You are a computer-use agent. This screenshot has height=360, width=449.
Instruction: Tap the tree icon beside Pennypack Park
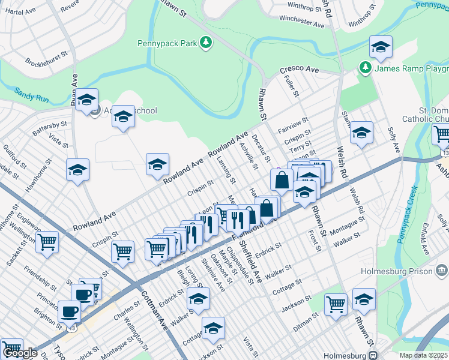pos(206,42)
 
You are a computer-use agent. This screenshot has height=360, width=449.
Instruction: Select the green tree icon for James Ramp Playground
pos(365,68)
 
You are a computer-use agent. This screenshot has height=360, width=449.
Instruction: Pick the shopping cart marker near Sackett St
pos(46,243)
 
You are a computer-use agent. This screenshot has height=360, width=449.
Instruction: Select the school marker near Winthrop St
pos(381,47)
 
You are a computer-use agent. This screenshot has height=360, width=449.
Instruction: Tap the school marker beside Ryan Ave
pos(86,100)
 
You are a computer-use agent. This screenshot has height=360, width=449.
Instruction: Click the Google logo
pos(20,353)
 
